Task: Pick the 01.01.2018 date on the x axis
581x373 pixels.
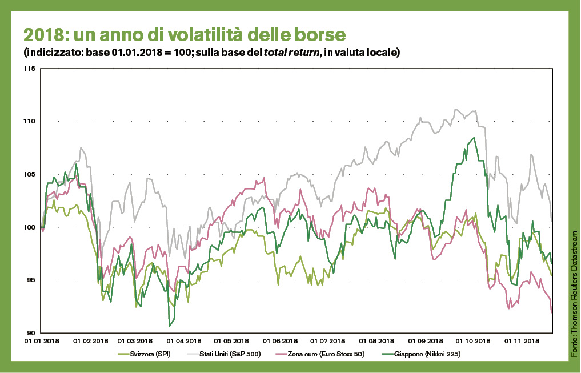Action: (42, 341)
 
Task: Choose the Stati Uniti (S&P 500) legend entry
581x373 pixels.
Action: (231, 354)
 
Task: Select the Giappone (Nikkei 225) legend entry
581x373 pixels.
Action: (430, 354)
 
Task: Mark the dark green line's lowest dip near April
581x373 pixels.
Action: (170, 326)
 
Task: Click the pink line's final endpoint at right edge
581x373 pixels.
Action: (552, 312)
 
